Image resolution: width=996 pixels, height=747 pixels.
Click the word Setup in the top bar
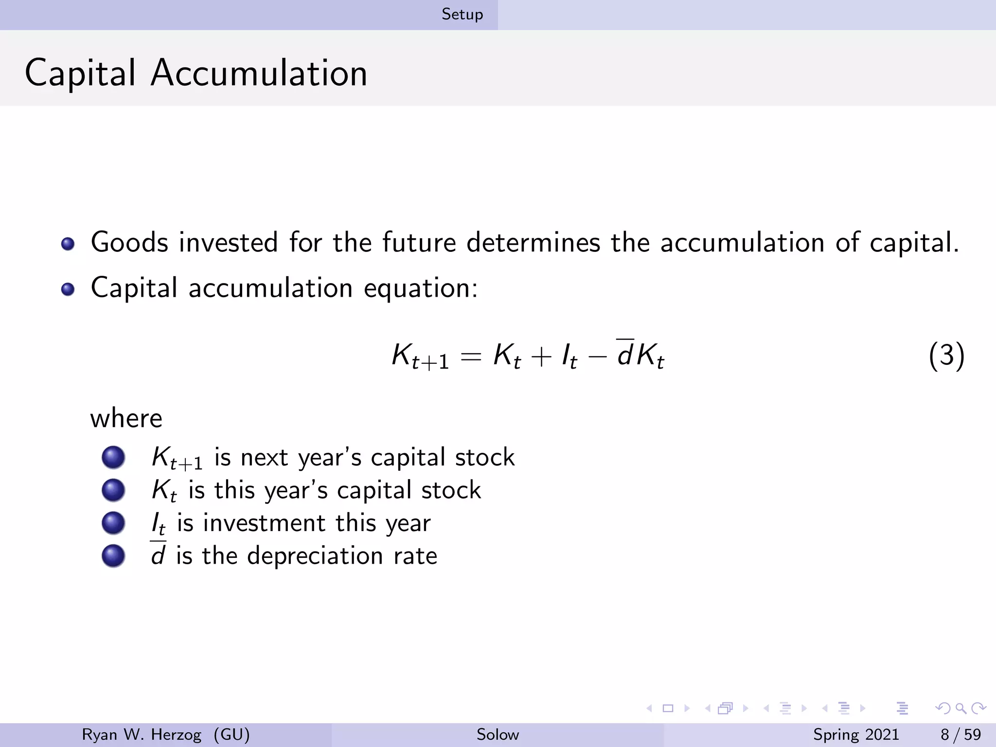pyautogui.click(x=462, y=15)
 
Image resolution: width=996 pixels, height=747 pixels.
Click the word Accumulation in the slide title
pyautogui.click(x=259, y=73)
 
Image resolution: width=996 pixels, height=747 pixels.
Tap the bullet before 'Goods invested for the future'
pyautogui.click(x=68, y=244)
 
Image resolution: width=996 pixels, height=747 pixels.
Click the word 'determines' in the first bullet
pyautogui.click(x=533, y=242)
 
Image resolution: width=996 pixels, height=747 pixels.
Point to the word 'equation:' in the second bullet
pyautogui.click(x=421, y=288)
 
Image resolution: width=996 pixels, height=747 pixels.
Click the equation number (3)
pyautogui.click(x=946, y=356)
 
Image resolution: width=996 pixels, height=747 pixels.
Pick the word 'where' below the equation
pyautogui.click(x=126, y=418)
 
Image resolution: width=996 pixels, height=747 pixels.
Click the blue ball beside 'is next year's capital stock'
pyautogui.click(x=113, y=458)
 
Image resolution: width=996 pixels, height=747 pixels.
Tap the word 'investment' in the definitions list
pyautogui.click(x=264, y=523)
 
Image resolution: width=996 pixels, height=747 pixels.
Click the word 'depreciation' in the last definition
pyautogui.click(x=315, y=556)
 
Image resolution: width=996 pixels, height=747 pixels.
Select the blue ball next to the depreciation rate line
pyautogui.click(x=113, y=556)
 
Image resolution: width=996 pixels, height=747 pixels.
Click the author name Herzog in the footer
pyautogui.click(x=176, y=734)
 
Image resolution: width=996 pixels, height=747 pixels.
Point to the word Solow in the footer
pyautogui.click(x=498, y=734)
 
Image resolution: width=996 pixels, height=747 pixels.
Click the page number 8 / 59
pyautogui.click(x=960, y=734)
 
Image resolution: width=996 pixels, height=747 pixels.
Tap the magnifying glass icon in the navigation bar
pyautogui.click(x=960, y=708)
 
